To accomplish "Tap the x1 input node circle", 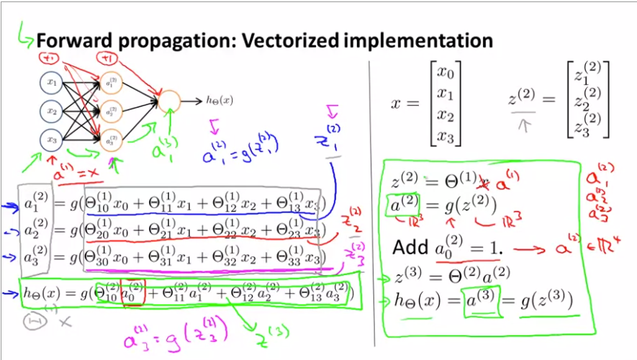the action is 52,83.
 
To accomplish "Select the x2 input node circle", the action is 52,112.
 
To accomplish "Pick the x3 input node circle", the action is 52,140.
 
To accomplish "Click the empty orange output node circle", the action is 170,102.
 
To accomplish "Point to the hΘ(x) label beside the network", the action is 219,102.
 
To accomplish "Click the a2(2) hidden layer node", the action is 112,112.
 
